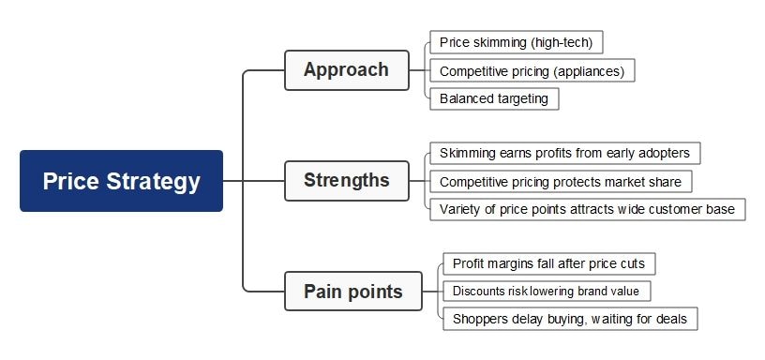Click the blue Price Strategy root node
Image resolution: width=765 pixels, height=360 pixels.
coord(121,181)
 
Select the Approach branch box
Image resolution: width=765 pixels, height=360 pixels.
coord(346,70)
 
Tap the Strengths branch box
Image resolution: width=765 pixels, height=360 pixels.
coord(346,180)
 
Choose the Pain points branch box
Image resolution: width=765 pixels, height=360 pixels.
coord(352,292)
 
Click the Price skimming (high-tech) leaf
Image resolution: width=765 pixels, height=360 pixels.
coord(517,42)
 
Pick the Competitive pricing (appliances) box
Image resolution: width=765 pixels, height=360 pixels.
coord(532,70)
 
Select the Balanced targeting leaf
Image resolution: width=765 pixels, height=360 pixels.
coord(494,98)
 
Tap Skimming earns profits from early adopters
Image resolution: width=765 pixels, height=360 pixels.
coord(564,153)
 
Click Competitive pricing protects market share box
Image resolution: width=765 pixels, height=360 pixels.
coord(561,181)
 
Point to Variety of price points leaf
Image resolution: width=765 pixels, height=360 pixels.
coord(587,209)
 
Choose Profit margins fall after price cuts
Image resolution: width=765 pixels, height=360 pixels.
coord(548,263)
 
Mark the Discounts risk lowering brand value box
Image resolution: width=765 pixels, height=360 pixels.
coord(546,292)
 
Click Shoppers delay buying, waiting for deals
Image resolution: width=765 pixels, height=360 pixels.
coord(570,319)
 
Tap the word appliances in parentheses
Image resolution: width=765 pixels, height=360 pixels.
coord(593,70)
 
